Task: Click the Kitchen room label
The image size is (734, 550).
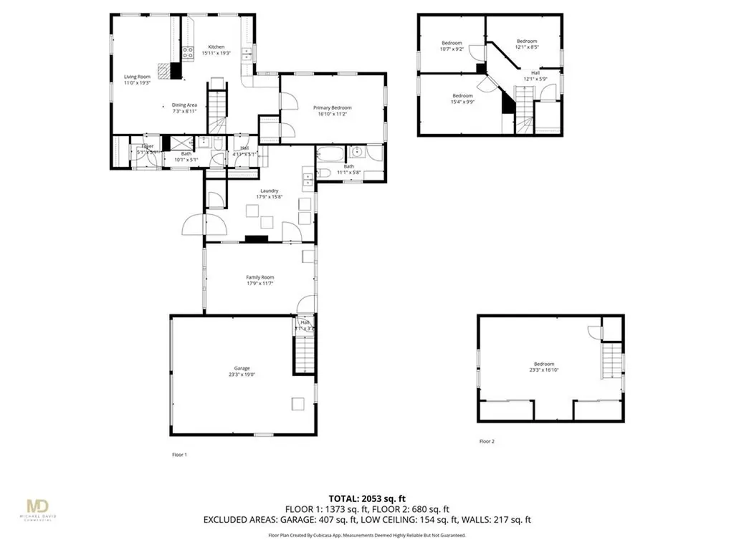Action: (216, 47)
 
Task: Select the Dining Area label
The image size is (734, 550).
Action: (184, 105)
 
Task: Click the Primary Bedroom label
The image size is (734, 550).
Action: (333, 107)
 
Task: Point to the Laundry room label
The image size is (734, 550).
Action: (269, 190)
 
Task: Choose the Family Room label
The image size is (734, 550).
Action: (260, 277)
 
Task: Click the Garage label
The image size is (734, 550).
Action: (241, 368)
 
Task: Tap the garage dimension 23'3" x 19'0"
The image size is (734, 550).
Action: (241, 374)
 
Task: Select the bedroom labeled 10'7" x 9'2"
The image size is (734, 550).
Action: (452, 46)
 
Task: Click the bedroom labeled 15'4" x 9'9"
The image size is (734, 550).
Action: (462, 98)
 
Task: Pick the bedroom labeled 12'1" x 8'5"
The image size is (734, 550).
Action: (527, 44)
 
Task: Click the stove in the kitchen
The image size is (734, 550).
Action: (188, 52)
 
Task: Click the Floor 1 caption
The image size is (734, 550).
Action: (179, 455)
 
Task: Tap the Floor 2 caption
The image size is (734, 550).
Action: (487, 441)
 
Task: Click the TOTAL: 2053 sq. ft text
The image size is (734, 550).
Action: (367, 498)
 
